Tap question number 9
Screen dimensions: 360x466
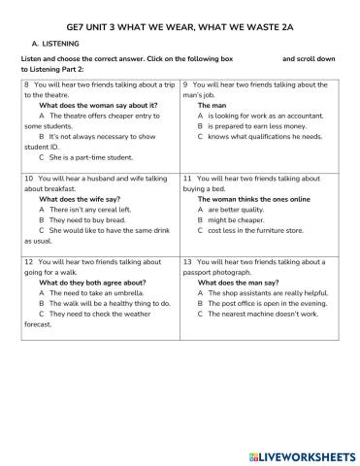pos(185,85)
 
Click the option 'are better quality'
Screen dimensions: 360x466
pos(236,209)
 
